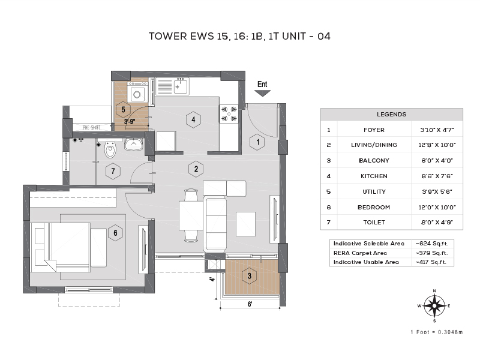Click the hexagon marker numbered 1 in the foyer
tap(257, 142)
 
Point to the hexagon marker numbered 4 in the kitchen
tap(193, 119)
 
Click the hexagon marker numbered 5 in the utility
tap(123, 109)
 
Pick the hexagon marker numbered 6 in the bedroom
tap(116, 232)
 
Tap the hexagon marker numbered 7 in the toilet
tap(112, 172)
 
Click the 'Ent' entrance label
tap(262, 85)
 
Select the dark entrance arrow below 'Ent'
tap(262, 93)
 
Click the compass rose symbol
tap(434, 305)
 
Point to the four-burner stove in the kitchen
tap(229, 114)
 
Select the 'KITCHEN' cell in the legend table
tap(373, 176)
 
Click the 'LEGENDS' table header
tap(391, 114)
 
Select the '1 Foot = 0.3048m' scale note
tap(436, 332)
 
